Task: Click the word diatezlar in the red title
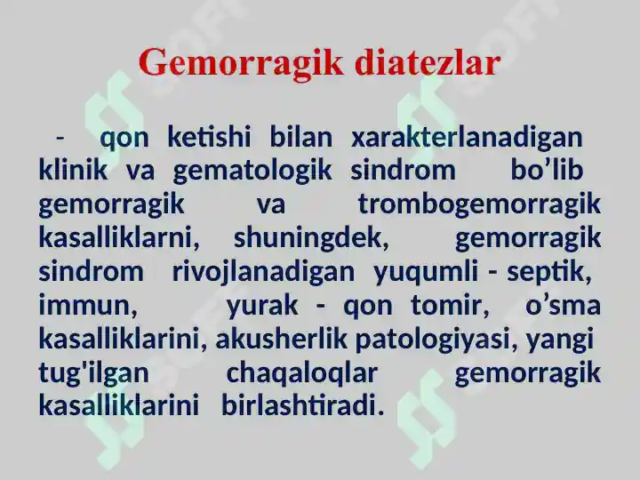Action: tap(427, 62)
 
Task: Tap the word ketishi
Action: tap(209, 137)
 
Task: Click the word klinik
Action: tap(73, 170)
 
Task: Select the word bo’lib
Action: tap(547, 170)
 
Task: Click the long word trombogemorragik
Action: tap(479, 206)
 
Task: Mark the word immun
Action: tap(88, 305)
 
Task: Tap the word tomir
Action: tap(450, 305)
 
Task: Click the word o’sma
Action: tap(563, 305)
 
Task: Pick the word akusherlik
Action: tap(281, 340)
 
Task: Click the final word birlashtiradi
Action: tap(302, 406)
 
